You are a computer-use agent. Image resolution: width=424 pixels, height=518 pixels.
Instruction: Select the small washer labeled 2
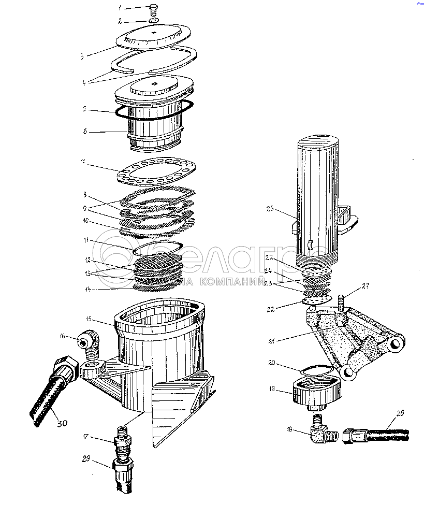click(154, 21)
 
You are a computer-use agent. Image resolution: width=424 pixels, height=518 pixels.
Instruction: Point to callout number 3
click(82, 55)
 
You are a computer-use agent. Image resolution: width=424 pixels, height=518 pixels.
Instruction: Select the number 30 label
click(62, 424)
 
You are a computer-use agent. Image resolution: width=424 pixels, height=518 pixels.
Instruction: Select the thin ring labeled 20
click(316, 369)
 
